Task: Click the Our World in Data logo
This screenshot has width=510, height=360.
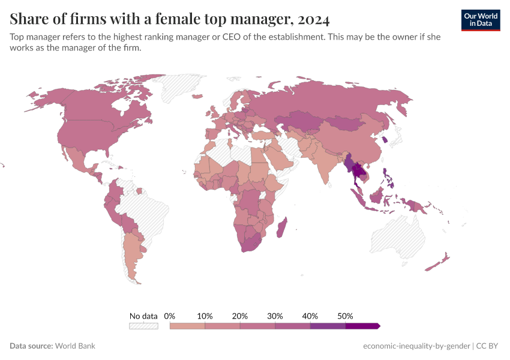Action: [481, 20]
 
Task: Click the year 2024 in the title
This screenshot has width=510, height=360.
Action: [313, 19]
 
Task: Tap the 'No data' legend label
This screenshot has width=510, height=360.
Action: [143, 316]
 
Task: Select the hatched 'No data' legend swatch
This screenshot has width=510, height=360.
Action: [143, 326]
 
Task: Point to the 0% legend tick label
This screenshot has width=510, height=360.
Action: [170, 316]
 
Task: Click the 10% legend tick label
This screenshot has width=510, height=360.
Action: [205, 316]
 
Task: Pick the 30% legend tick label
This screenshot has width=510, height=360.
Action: [275, 316]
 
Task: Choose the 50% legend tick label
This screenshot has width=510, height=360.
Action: [345, 316]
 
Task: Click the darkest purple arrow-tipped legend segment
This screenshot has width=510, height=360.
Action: [362, 326]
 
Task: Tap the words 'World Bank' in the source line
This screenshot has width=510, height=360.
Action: [75, 346]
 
